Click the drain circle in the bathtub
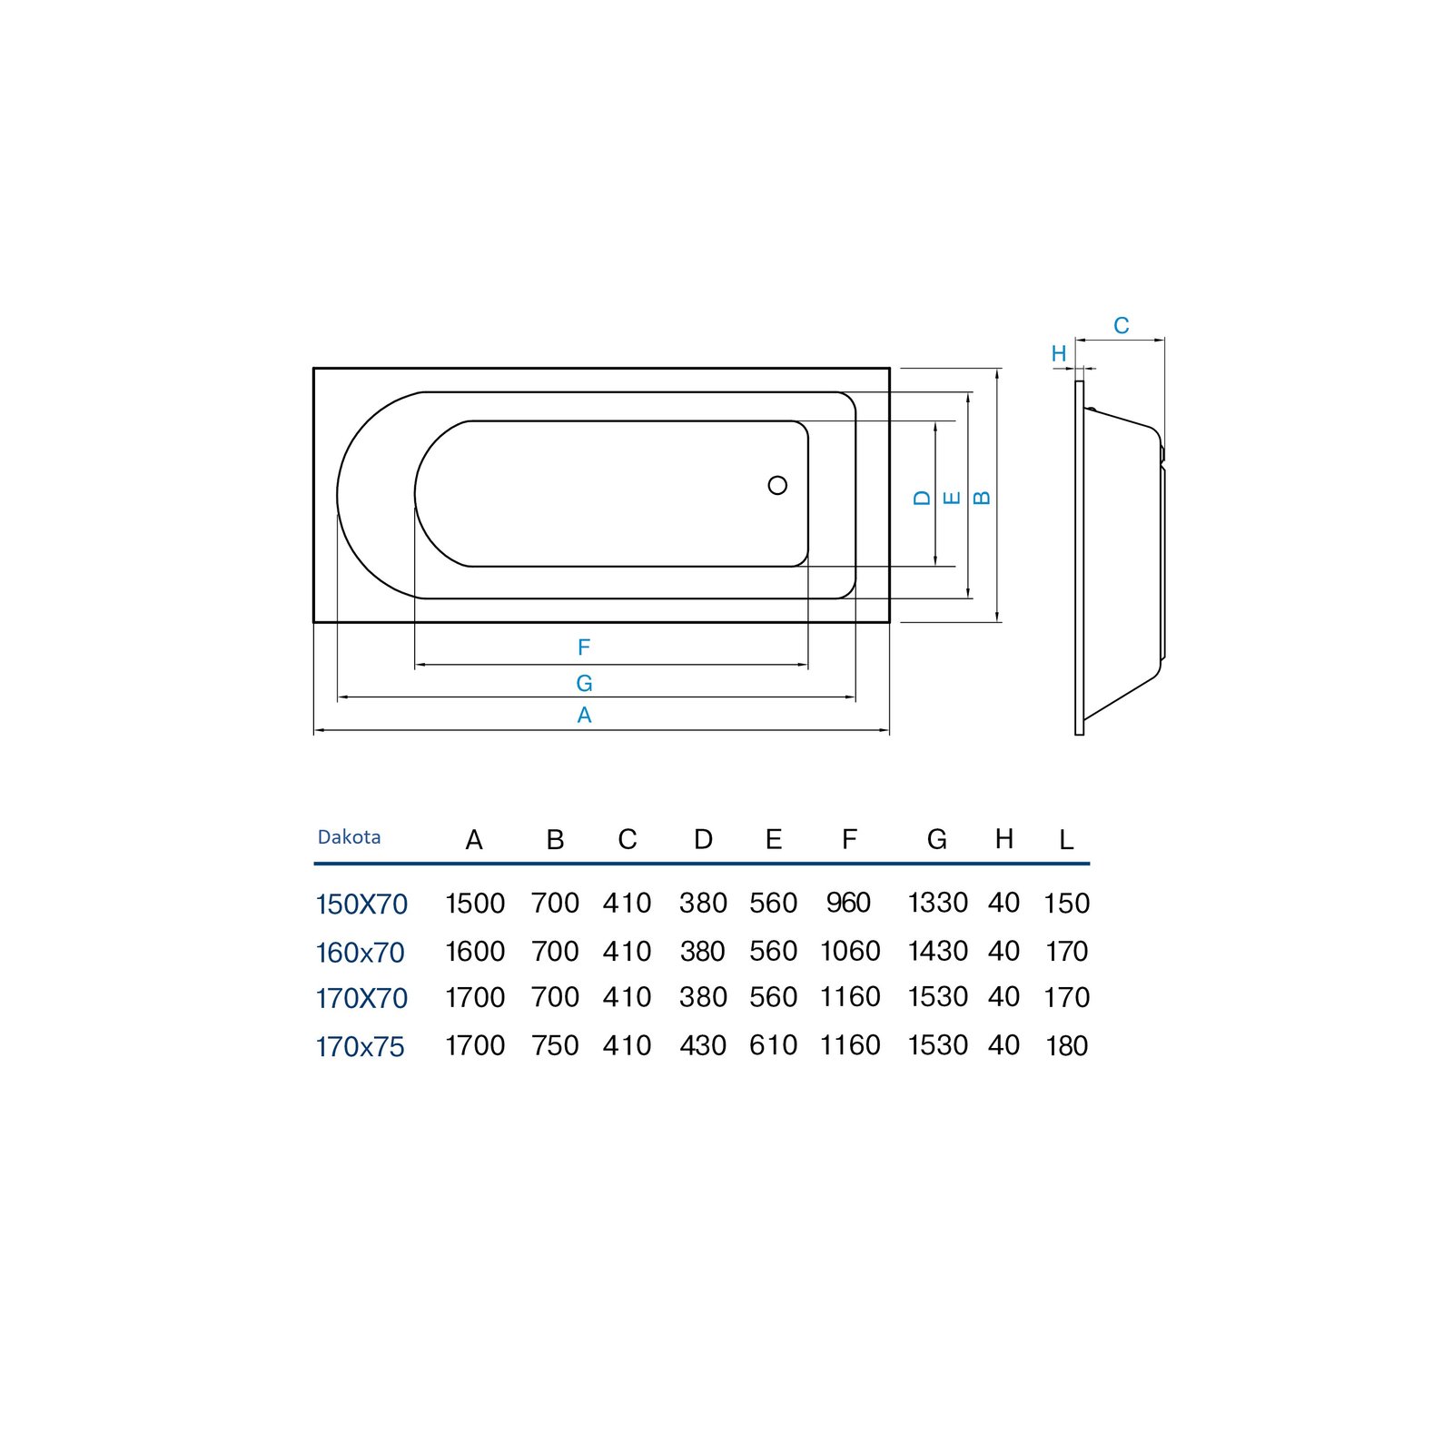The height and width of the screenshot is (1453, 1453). tap(777, 485)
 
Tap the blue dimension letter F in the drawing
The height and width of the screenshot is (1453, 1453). tap(584, 647)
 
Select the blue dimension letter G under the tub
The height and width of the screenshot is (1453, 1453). tap(584, 683)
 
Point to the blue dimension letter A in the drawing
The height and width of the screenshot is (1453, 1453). tap(584, 716)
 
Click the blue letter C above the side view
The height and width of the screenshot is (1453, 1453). tap(1122, 325)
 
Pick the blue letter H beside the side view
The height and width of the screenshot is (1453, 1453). tap(1059, 354)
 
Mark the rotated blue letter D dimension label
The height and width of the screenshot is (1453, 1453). tap(923, 498)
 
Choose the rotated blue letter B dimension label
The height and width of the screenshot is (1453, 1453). tap(982, 498)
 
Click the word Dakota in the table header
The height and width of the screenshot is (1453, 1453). tap(350, 837)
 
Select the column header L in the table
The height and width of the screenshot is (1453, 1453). tap(1066, 840)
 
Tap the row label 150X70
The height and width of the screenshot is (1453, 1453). tap(361, 904)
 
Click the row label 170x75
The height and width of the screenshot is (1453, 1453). tap(361, 1047)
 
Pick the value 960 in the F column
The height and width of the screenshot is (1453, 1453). tap(848, 903)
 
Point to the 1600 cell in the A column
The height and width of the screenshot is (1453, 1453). tap(475, 952)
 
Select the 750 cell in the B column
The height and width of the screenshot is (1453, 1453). tap(555, 1045)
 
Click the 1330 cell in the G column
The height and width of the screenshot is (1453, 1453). tap(937, 903)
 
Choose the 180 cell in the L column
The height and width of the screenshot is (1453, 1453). tap(1067, 1046)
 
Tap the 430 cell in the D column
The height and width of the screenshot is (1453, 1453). tap(703, 1045)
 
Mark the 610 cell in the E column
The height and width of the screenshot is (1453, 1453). tap(773, 1045)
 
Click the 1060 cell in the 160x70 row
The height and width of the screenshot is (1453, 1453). tap(850, 952)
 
